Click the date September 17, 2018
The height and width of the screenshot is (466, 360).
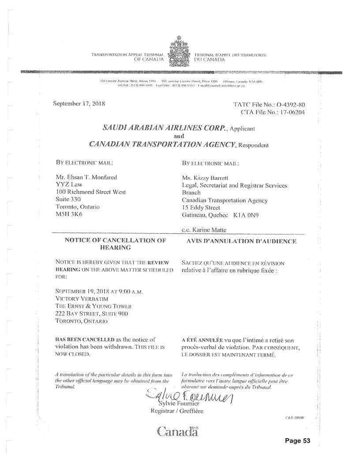[x=79, y=105]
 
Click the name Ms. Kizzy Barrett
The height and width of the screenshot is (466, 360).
[x=204, y=178]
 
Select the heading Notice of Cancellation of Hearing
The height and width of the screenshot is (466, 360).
[x=115, y=244]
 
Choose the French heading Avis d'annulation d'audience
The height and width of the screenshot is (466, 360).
[x=239, y=241]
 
